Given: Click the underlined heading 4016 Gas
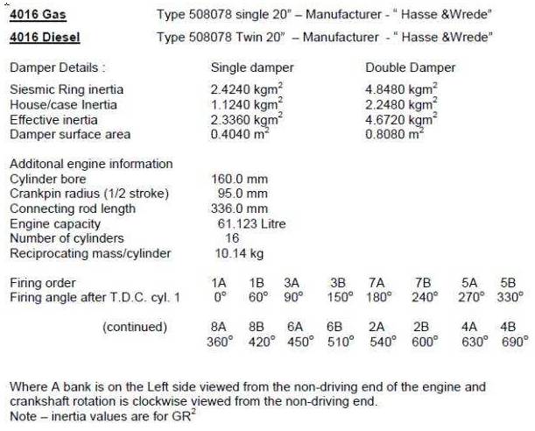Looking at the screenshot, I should click(38, 15).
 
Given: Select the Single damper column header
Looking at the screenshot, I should click(252, 67).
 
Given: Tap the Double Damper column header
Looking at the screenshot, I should click(410, 67).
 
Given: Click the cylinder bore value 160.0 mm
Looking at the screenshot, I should click(240, 179).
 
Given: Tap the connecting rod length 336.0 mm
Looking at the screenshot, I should click(240, 208).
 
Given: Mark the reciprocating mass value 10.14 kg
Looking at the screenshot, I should click(240, 253).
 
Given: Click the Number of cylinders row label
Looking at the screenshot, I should click(67, 238).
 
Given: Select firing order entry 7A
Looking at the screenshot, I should click(377, 283).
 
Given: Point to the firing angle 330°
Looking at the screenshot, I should click(509, 297).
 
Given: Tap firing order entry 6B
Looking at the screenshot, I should click(334, 327).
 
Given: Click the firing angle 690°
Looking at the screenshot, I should click(509, 341).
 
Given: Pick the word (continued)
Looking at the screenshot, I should click(134, 327).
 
